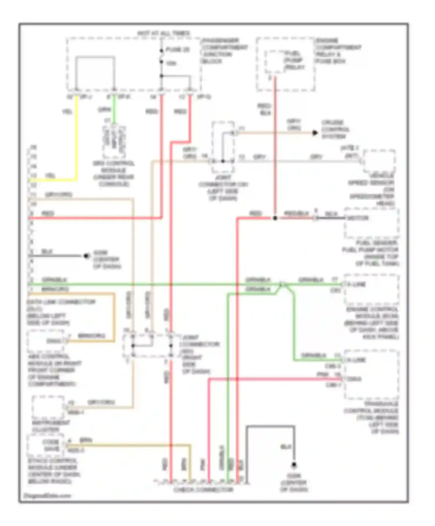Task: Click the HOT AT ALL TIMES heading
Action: coord(164,33)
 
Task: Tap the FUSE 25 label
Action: coord(177,50)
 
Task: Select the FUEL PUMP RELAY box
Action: coord(275,62)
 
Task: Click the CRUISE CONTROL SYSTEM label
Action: coord(335,129)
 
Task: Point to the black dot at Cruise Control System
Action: coord(315,133)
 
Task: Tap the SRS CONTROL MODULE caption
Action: coord(114,174)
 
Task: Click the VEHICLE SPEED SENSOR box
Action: coord(379,161)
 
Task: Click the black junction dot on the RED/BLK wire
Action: coord(275,218)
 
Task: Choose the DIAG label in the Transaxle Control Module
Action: coord(354,379)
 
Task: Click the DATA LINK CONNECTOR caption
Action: coord(61,312)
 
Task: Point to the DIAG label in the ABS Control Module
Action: coord(54,341)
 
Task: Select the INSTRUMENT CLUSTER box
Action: coord(48,407)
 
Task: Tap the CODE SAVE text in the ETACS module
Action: coord(51,445)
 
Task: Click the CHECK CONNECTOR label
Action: coord(203,490)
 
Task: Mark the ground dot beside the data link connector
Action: coord(86,256)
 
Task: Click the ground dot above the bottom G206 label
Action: coord(294,465)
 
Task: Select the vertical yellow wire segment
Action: coord(77,136)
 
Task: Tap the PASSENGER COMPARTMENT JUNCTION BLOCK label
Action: coord(225,51)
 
